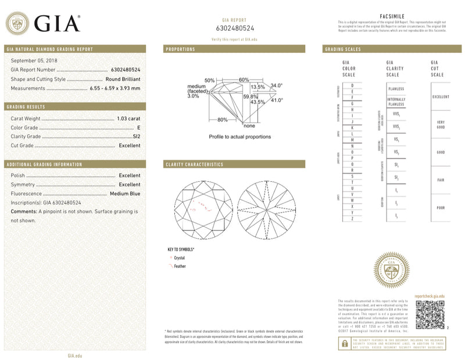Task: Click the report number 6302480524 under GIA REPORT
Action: pyautogui.click(x=234, y=28)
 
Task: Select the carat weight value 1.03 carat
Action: pyautogui.click(x=128, y=118)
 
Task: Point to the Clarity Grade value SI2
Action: pyautogui.click(x=137, y=136)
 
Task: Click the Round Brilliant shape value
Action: pyautogui.click(x=123, y=79)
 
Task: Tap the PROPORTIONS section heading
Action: pyautogui.click(x=181, y=49)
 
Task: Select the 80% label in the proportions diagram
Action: pyautogui.click(x=222, y=120)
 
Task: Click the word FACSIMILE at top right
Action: pyautogui.click(x=391, y=18)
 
